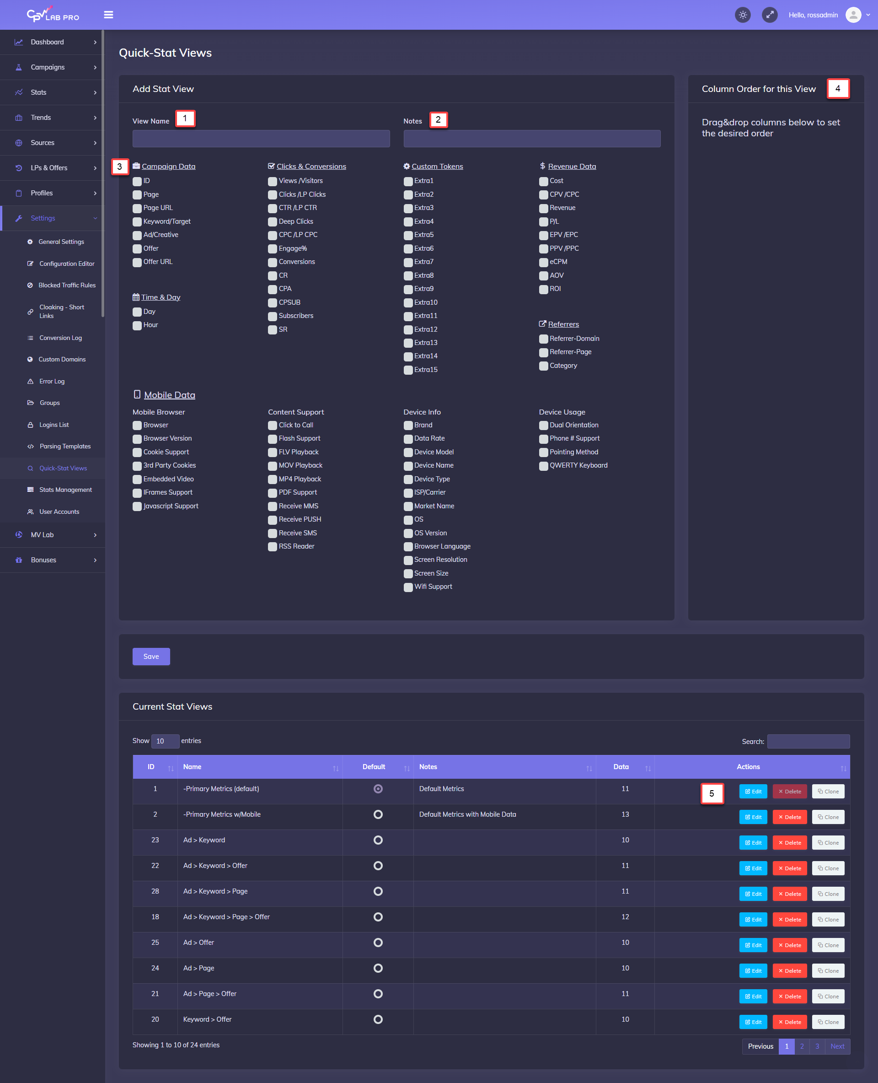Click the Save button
(151, 657)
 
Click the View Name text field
(261, 139)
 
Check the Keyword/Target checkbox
(137, 221)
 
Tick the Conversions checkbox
(273, 262)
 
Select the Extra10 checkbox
(408, 302)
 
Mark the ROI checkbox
(544, 289)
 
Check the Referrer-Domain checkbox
(544, 339)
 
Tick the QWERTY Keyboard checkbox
(544, 466)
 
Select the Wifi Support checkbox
(408, 587)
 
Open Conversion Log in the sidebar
(60, 338)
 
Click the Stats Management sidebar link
(65, 490)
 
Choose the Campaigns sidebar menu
(48, 67)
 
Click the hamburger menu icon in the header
(108, 15)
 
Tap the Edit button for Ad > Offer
(753, 945)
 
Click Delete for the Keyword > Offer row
(789, 1022)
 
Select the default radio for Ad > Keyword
(378, 840)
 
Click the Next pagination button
(837, 1046)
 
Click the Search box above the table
(808, 741)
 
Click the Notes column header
(428, 767)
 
